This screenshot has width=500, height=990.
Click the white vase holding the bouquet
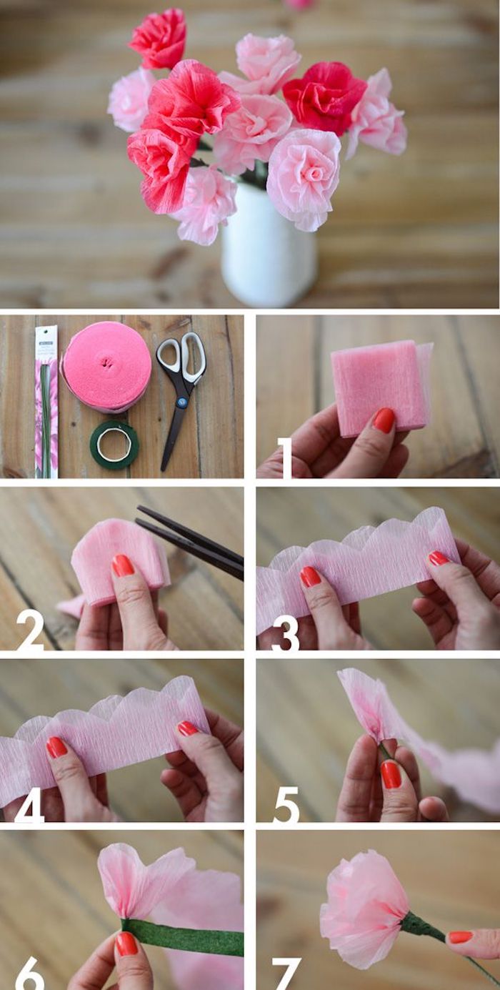[268, 247]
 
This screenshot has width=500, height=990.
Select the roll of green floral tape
[114, 444]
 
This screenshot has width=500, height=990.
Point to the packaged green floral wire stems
[46, 400]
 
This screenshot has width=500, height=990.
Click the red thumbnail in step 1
[384, 420]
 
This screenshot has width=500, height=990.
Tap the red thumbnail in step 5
[391, 774]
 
